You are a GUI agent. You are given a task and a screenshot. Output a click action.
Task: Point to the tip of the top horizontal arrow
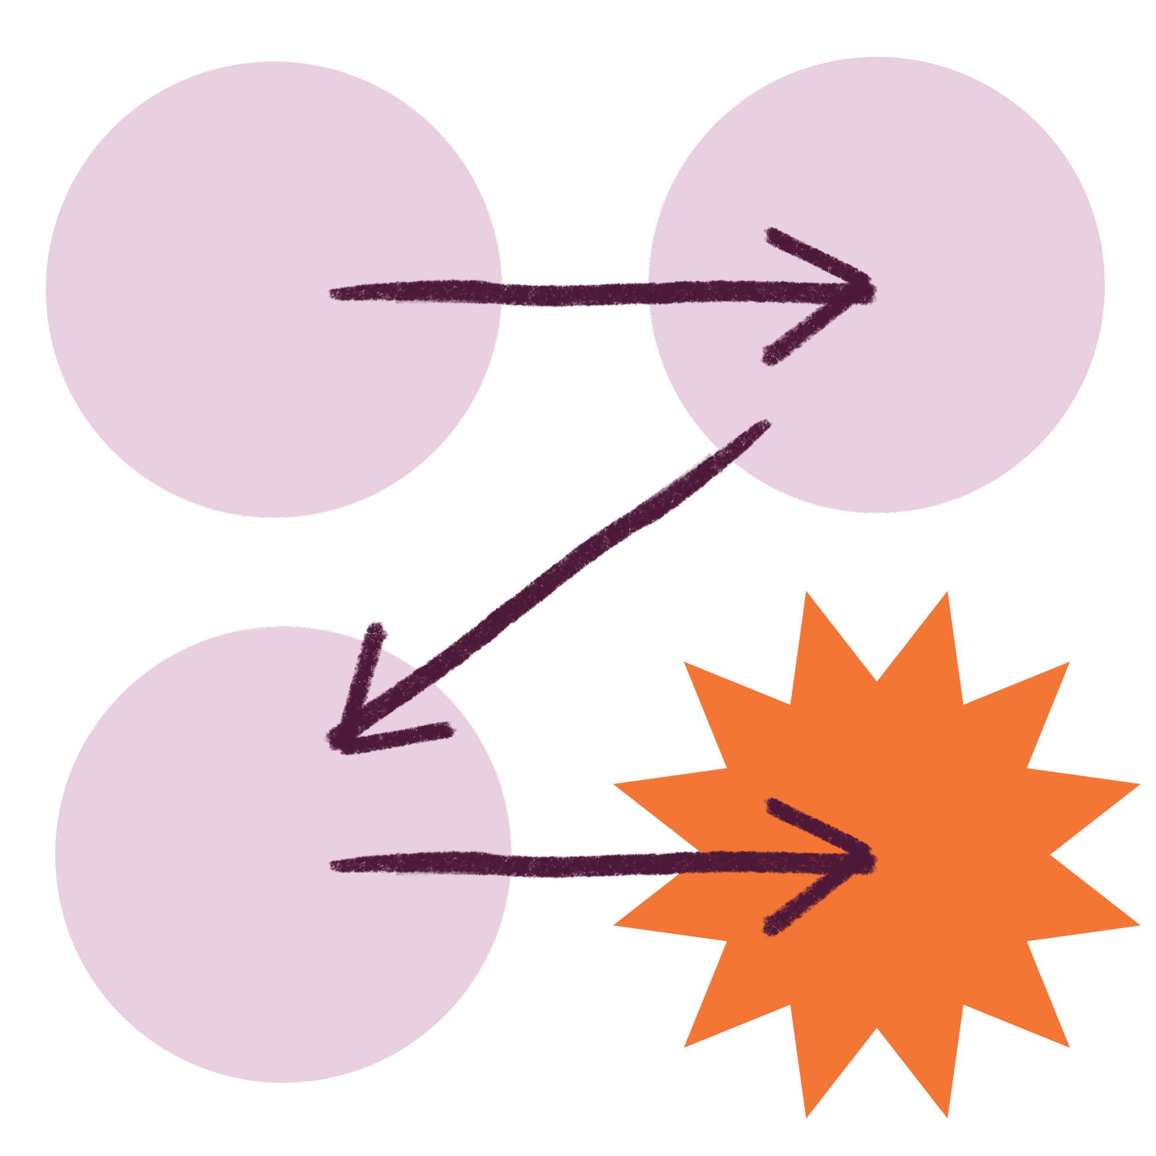(873, 291)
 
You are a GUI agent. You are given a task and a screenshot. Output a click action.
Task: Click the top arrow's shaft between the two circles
(574, 295)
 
